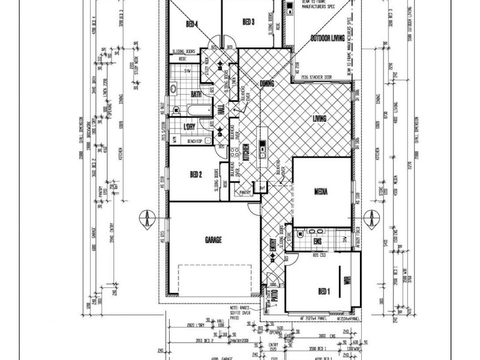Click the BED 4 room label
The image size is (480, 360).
tap(192, 24)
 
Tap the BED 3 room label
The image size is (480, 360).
tap(249, 22)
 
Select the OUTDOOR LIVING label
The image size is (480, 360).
tap(328, 38)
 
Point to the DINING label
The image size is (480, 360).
tap(267, 83)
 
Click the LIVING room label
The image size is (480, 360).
tap(320, 119)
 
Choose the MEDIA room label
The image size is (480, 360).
tap(320, 192)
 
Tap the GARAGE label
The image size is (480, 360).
tap(213, 240)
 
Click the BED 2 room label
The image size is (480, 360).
tap(195, 175)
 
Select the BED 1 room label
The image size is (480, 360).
tap(324, 292)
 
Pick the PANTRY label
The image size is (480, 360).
tap(244, 193)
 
